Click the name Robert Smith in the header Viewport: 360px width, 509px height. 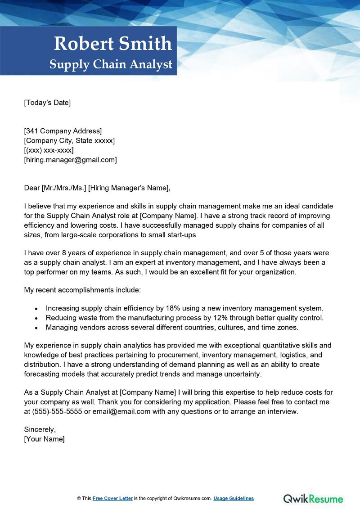113,44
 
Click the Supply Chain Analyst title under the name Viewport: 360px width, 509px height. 111,64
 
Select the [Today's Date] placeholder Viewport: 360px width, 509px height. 47,103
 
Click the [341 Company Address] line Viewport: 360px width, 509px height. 63,131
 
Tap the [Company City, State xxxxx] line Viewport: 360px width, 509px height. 69,140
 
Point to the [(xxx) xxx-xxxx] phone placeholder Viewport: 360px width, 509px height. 49,150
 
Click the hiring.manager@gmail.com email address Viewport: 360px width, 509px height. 70,159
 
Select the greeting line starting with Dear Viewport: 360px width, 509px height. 98,188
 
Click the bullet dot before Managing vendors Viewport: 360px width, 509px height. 36,328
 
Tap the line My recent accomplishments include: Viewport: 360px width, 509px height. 82,290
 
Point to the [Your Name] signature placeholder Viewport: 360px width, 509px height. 44,439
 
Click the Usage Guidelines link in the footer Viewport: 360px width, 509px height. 234,498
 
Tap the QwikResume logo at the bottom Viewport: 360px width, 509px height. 313,499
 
